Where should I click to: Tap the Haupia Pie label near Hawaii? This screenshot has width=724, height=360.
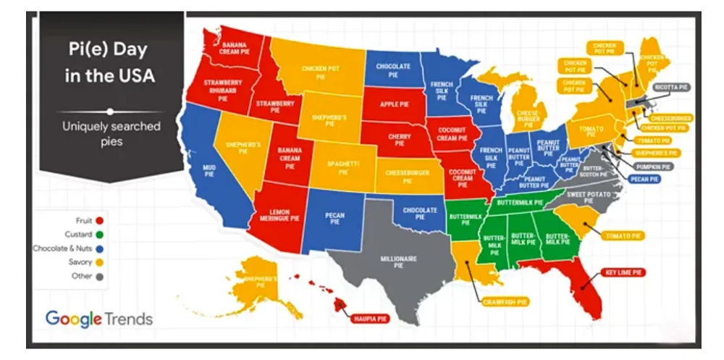tap(368, 317)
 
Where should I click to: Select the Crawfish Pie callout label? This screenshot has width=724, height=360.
tap(500, 301)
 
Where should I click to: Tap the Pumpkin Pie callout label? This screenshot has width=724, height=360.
tap(654, 166)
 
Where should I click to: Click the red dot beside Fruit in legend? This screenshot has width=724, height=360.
tap(99, 220)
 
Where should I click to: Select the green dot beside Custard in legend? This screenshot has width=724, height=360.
tap(99, 234)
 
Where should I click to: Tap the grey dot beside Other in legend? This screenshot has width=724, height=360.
tap(99, 276)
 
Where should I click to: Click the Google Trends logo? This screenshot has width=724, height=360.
tap(98, 318)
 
